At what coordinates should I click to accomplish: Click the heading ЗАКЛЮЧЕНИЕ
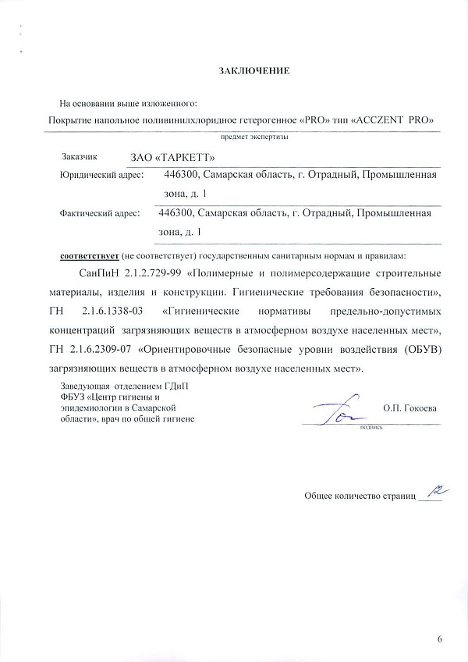pos(254,71)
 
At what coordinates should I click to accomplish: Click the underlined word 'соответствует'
pos(88,256)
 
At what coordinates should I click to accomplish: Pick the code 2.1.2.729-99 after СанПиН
pos(145,275)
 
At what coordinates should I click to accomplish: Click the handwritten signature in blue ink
pos(335,409)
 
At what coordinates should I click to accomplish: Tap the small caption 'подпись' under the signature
pos(367,429)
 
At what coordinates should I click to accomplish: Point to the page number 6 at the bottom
pos(440,640)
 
